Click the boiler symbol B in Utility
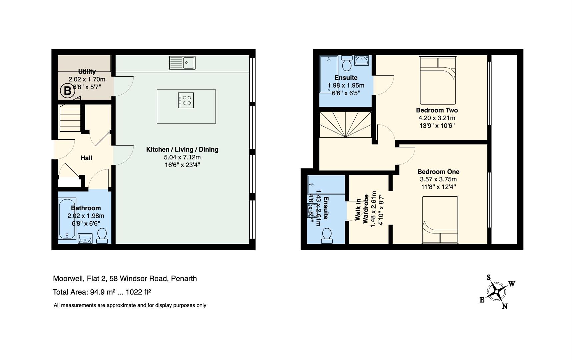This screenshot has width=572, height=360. click(x=67, y=91)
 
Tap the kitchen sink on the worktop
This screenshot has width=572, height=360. click(x=182, y=63)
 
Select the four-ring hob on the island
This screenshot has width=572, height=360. click(x=186, y=100)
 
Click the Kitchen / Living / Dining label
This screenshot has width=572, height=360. click(x=182, y=149)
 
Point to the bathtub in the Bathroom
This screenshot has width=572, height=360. click(x=67, y=219)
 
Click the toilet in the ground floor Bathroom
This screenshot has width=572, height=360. click(x=102, y=236)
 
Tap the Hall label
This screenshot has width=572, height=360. click(x=86, y=158)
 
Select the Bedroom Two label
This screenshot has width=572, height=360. click(x=437, y=110)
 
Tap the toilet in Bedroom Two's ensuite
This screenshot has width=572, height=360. click(x=347, y=63)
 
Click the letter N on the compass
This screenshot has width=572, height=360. click(x=505, y=306)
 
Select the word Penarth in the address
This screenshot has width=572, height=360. click(x=184, y=278)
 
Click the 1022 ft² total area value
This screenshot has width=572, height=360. click(x=138, y=292)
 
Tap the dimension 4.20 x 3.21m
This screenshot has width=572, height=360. click(x=437, y=118)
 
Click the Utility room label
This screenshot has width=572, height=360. click(x=87, y=71)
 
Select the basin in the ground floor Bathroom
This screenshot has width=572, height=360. click(x=85, y=238)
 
